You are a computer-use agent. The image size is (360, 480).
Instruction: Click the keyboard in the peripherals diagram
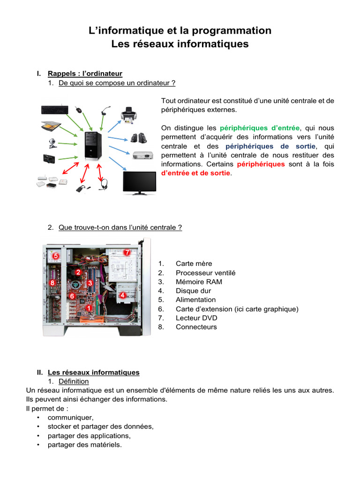(x=54, y=109)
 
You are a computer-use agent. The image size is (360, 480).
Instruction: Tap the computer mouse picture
(x=78, y=110)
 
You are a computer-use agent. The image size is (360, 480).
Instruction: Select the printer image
(x=128, y=115)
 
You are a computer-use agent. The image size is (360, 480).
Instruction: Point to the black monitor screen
(x=139, y=182)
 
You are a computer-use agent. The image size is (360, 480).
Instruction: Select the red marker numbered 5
(x=55, y=256)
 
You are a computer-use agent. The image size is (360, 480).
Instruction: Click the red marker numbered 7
(x=127, y=252)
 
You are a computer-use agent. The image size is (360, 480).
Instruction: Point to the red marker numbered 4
(x=122, y=295)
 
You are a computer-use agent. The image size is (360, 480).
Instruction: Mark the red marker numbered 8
(x=52, y=283)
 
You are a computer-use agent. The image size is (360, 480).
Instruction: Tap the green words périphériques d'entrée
(x=259, y=128)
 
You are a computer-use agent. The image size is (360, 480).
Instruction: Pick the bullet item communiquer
(x=70, y=417)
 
